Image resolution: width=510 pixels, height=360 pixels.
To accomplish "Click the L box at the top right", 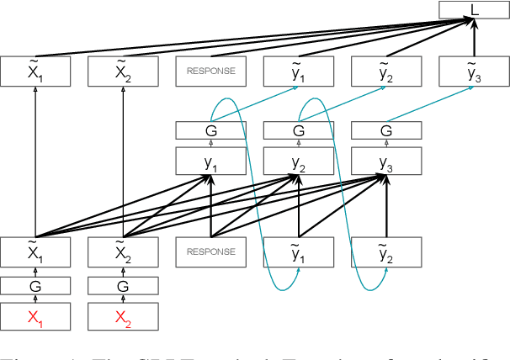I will (x=474, y=11).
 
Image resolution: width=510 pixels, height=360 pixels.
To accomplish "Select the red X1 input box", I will (x=35, y=317).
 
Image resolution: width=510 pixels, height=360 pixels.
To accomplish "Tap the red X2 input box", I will (x=123, y=317).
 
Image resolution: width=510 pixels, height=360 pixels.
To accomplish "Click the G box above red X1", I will (x=35, y=287).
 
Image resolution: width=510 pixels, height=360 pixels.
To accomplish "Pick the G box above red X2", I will (x=123, y=287).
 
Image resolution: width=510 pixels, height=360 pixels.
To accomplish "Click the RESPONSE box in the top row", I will (x=210, y=72).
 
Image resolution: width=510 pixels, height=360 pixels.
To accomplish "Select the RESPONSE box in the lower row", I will (x=210, y=251).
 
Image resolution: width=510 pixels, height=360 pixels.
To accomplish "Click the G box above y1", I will (x=210, y=130).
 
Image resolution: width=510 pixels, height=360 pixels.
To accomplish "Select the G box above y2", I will (x=298, y=130).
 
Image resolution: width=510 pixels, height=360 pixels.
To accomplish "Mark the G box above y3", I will (x=385, y=130).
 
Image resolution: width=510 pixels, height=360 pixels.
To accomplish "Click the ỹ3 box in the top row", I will (x=473, y=72).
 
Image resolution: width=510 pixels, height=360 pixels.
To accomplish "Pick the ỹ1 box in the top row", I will (x=298, y=72).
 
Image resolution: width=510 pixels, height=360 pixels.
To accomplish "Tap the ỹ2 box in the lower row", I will (x=385, y=251).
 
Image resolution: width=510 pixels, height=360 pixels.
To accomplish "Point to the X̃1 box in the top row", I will (x=35, y=72).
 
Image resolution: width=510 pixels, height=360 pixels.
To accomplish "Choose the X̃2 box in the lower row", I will (x=123, y=251).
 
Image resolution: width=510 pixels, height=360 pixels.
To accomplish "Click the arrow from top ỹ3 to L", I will (x=474, y=40).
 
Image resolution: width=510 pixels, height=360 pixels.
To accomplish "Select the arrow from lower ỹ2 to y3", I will (x=385, y=206).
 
